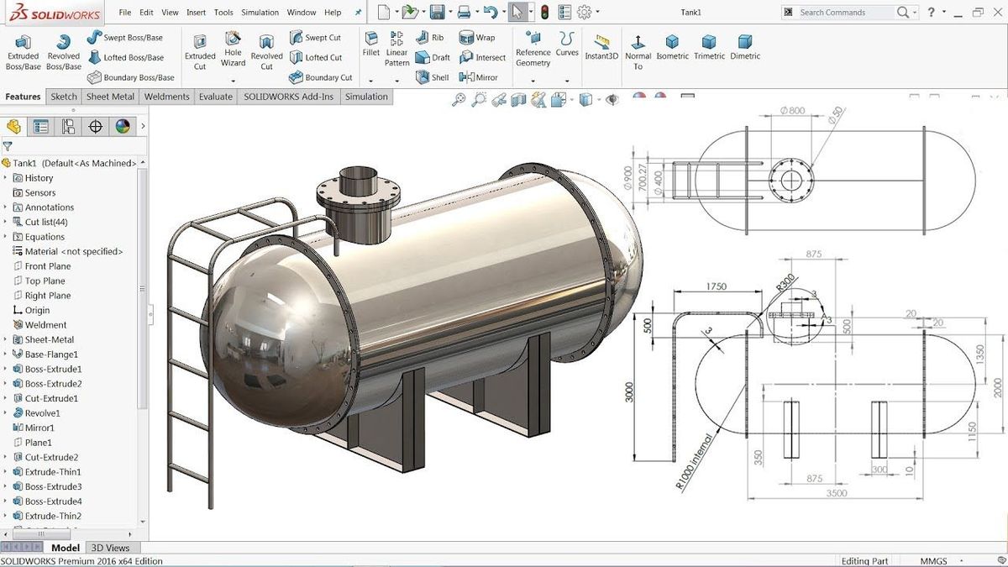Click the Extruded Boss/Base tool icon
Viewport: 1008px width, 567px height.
coord(23,42)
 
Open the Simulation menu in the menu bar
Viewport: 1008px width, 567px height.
coord(260,13)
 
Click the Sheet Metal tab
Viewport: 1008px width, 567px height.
coord(110,97)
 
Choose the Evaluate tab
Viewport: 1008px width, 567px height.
coord(216,97)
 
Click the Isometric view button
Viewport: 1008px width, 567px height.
coord(672,47)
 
